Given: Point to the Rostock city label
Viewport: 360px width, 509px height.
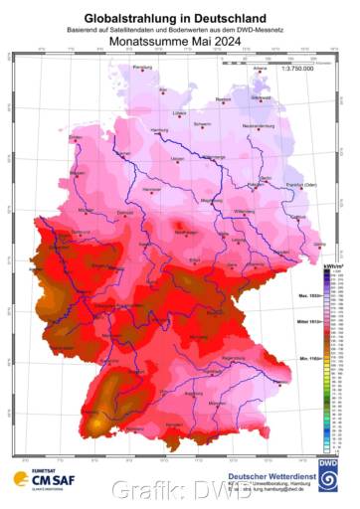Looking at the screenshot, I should pos(224,99).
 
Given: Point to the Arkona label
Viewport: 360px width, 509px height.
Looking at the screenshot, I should pos(261,68).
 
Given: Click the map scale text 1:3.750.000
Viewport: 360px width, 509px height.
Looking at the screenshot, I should pos(297,67).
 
